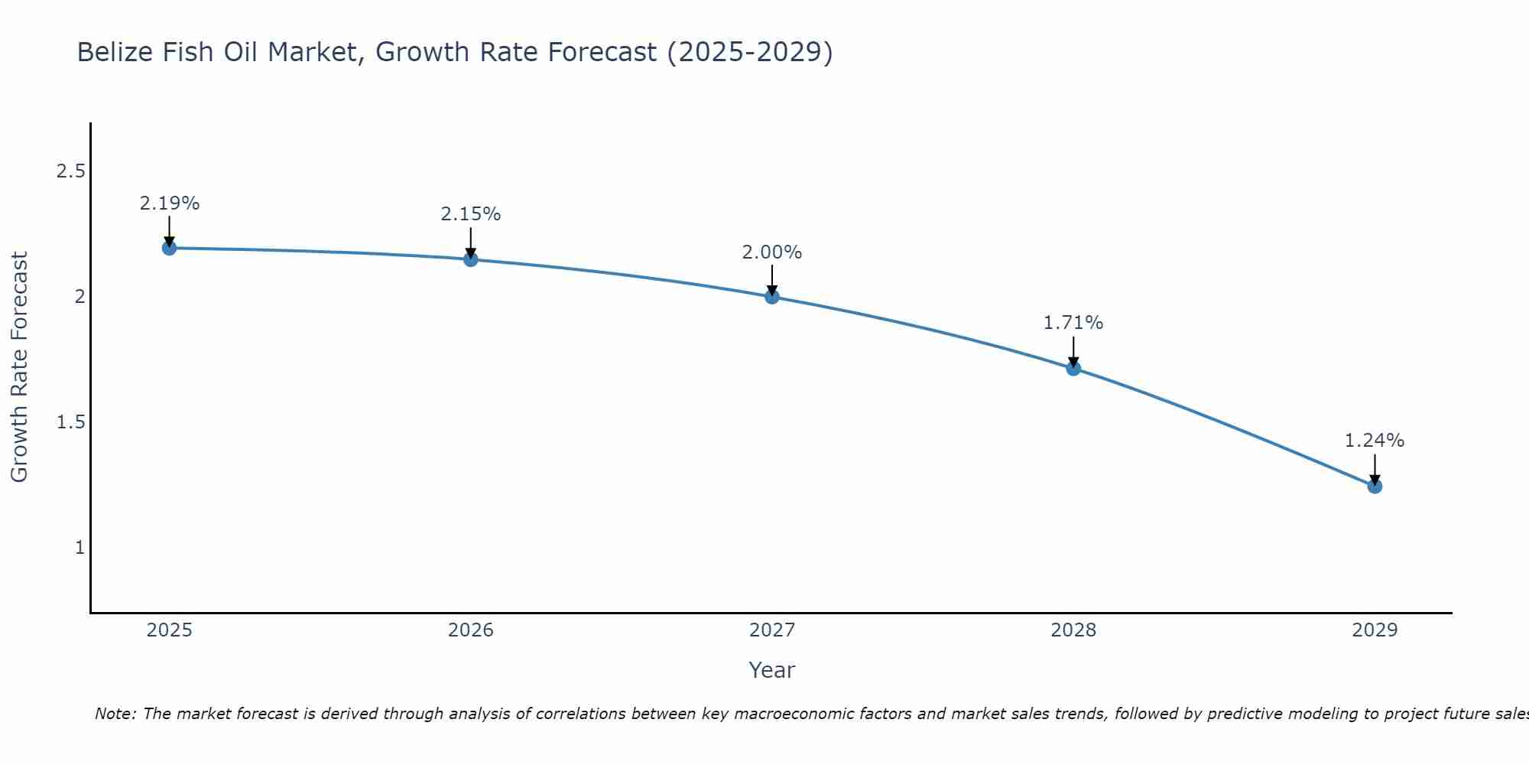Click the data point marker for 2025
(169, 248)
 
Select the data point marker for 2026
(471, 259)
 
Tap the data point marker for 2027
(772, 297)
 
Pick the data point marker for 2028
(1073, 369)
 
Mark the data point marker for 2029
(1375, 487)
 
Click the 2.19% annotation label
(169, 203)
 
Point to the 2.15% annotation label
(471, 214)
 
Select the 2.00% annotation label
(772, 252)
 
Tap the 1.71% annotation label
(1073, 323)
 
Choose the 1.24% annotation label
(1375, 441)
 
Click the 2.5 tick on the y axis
(70, 171)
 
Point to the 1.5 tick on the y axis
(70, 422)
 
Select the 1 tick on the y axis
(80, 548)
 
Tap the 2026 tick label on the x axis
(471, 630)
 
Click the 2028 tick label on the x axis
(1073, 630)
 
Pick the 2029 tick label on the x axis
(1375, 630)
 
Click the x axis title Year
(772, 670)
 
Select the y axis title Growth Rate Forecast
(19, 367)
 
